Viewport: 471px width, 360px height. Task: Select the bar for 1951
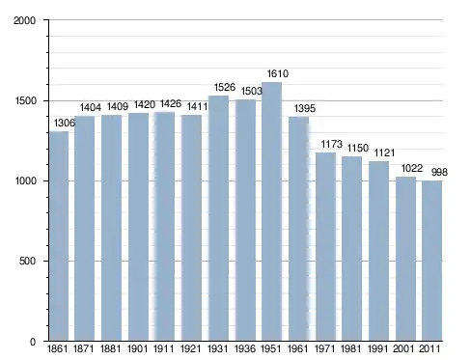(271, 211)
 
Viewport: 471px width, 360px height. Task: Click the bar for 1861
(59, 235)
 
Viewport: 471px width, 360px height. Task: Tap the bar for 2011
(431, 261)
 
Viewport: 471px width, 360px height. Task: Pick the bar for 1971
(325, 246)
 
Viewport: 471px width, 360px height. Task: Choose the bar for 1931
(218, 218)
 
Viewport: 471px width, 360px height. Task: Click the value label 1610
(278, 73)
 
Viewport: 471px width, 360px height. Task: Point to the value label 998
(439, 172)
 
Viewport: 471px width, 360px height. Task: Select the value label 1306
(65, 123)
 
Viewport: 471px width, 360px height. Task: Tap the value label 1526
(225, 87)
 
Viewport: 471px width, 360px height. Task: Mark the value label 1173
(332, 144)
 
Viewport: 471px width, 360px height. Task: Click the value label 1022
(412, 168)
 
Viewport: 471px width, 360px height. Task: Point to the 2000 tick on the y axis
(24, 20)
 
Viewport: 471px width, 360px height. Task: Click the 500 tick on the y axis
(27, 261)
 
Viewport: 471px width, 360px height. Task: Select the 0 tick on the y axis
(33, 342)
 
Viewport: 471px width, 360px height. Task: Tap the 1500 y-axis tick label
(26, 100)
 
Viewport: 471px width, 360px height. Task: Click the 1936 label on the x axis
(245, 348)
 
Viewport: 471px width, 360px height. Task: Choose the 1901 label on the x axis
(137, 348)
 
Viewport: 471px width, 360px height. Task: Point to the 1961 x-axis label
(298, 348)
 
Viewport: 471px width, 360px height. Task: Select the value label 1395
(305, 108)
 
